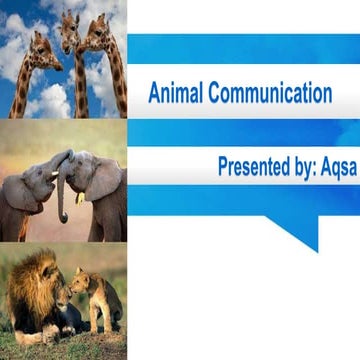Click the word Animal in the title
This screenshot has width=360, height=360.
(173, 95)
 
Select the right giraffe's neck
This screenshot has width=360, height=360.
(112, 75)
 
